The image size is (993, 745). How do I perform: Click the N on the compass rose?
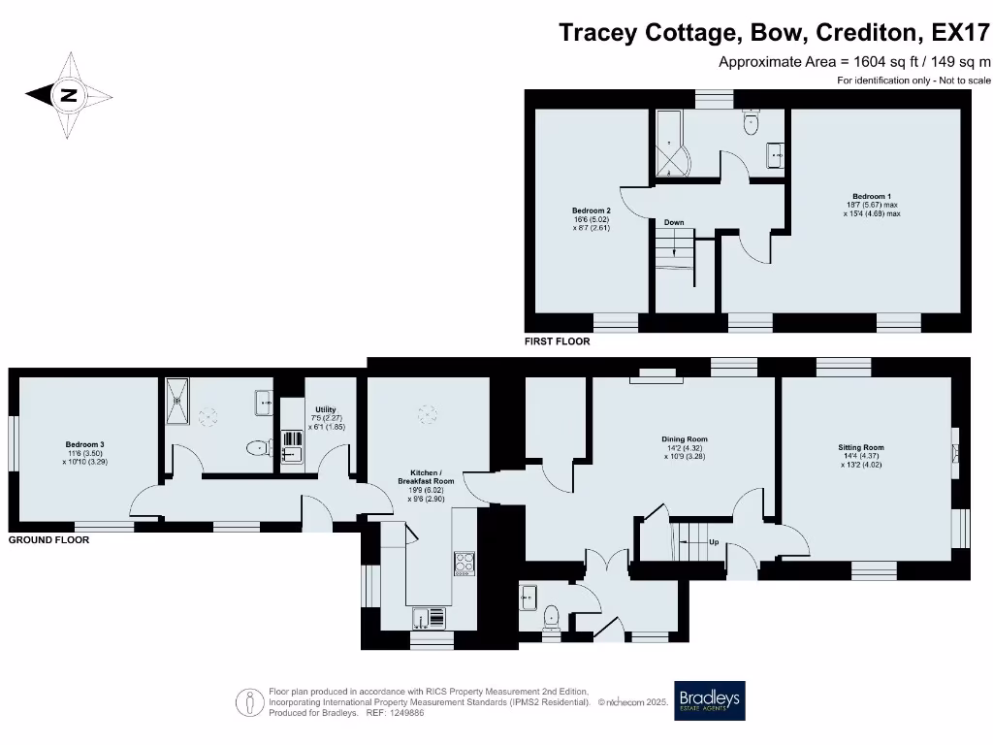click(x=68, y=95)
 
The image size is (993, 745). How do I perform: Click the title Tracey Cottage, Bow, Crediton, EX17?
click(x=774, y=33)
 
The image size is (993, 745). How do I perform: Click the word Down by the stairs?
click(x=674, y=223)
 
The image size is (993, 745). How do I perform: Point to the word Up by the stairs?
click(x=714, y=542)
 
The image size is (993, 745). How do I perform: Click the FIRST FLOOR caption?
click(x=557, y=341)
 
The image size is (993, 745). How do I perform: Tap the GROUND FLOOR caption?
click(x=48, y=539)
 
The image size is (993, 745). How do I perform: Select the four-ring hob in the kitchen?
click(x=464, y=563)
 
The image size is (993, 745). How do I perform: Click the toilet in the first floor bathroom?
click(x=750, y=124)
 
